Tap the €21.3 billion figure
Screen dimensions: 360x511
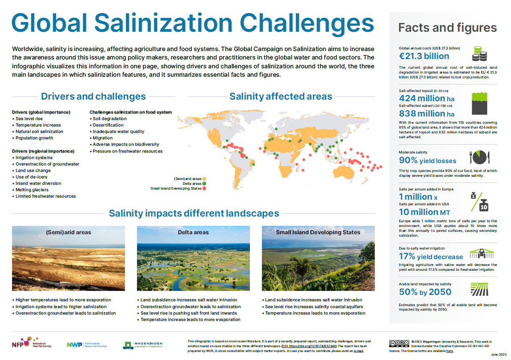[424, 56]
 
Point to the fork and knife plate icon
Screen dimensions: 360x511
[478, 157]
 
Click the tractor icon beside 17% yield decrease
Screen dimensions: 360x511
[481, 253]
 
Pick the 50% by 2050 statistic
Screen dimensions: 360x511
[425, 292]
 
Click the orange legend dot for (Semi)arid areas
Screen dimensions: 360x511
[204, 178]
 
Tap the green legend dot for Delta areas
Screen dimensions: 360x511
[204, 183]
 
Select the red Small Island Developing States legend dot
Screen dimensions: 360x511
[204, 188]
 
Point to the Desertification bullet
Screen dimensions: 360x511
[108, 125]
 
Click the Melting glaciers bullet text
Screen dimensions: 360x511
[32, 190]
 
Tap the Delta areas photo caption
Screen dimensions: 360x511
[193, 232]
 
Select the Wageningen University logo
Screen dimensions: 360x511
[143, 345]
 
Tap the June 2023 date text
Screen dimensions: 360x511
[499, 354]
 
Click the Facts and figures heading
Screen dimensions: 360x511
[447, 28]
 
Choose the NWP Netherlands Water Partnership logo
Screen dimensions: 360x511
[86, 345]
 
